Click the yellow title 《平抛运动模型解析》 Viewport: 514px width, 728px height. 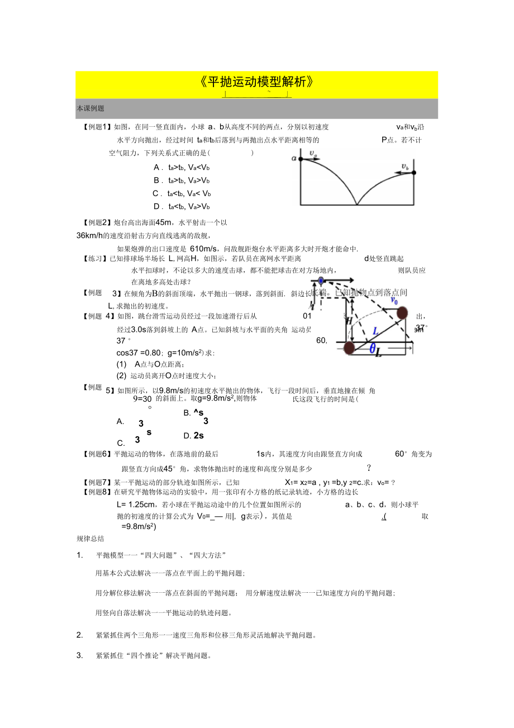tap(256, 82)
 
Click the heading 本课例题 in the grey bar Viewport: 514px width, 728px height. tap(91, 108)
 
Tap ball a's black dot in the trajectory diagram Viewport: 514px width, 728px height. tap(301, 159)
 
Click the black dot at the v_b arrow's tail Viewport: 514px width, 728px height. tap(414, 173)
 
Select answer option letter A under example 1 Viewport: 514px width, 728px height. tap(156, 167)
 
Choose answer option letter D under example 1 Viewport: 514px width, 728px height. tap(156, 206)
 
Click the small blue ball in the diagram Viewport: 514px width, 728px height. tap(321, 280)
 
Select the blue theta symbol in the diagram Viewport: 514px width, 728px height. tap(372, 348)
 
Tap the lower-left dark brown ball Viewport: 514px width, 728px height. tap(349, 348)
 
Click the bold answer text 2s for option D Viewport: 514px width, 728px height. tap(198, 435)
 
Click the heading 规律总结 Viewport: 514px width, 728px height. tap(90, 539)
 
